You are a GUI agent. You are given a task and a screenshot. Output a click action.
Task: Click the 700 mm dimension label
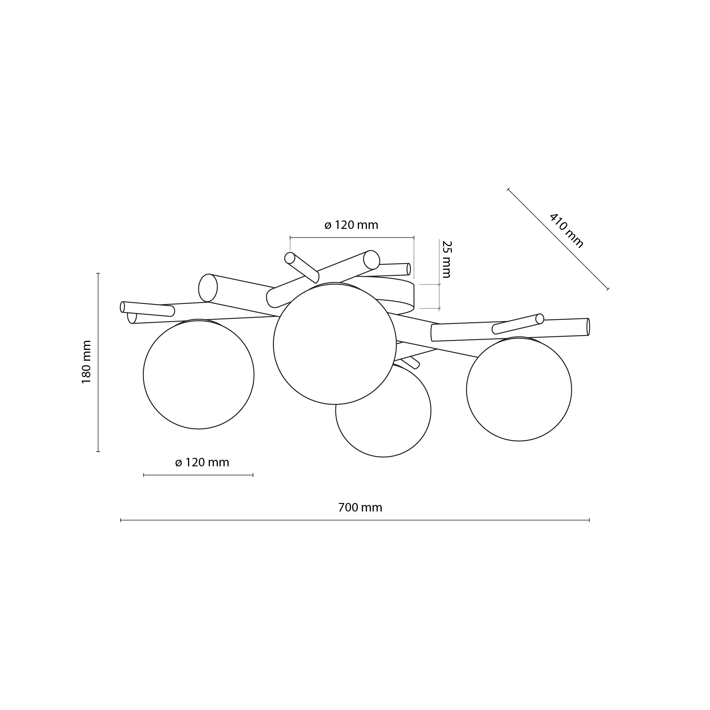tap(360, 508)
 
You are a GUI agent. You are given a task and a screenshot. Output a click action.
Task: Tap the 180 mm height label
tap(86, 362)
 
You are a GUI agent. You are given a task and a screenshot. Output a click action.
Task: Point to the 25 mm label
tap(446, 260)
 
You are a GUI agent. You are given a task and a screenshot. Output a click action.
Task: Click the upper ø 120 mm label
tap(351, 225)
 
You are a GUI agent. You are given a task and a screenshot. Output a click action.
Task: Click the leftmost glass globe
tap(199, 374)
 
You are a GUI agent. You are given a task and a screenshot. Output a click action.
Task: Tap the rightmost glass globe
tap(519, 390)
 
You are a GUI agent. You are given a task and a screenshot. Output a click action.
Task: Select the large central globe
tap(335, 344)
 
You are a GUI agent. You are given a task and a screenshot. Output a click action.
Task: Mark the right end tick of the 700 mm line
tap(589, 520)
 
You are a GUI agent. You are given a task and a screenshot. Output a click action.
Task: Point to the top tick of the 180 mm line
tap(98, 273)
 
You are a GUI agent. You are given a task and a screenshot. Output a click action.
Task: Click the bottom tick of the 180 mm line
tap(98, 451)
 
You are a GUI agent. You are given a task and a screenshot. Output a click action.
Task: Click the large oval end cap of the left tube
tap(208, 288)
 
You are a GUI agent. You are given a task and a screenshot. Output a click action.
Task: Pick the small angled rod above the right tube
tap(517, 324)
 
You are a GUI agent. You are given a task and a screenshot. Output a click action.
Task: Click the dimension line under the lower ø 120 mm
tap(199, 475)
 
